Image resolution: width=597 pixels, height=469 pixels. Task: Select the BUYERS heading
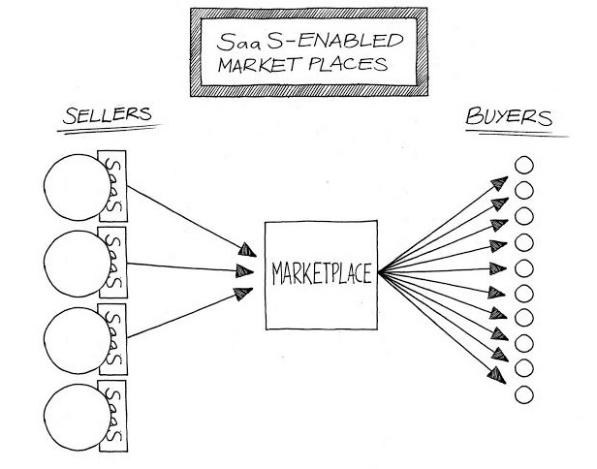510,119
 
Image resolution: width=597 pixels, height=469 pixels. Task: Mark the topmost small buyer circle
523,165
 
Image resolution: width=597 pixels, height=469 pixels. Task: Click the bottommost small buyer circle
523,394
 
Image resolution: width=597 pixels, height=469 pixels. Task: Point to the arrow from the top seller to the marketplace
184,219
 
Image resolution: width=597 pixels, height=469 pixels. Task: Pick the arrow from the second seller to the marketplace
184,266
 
